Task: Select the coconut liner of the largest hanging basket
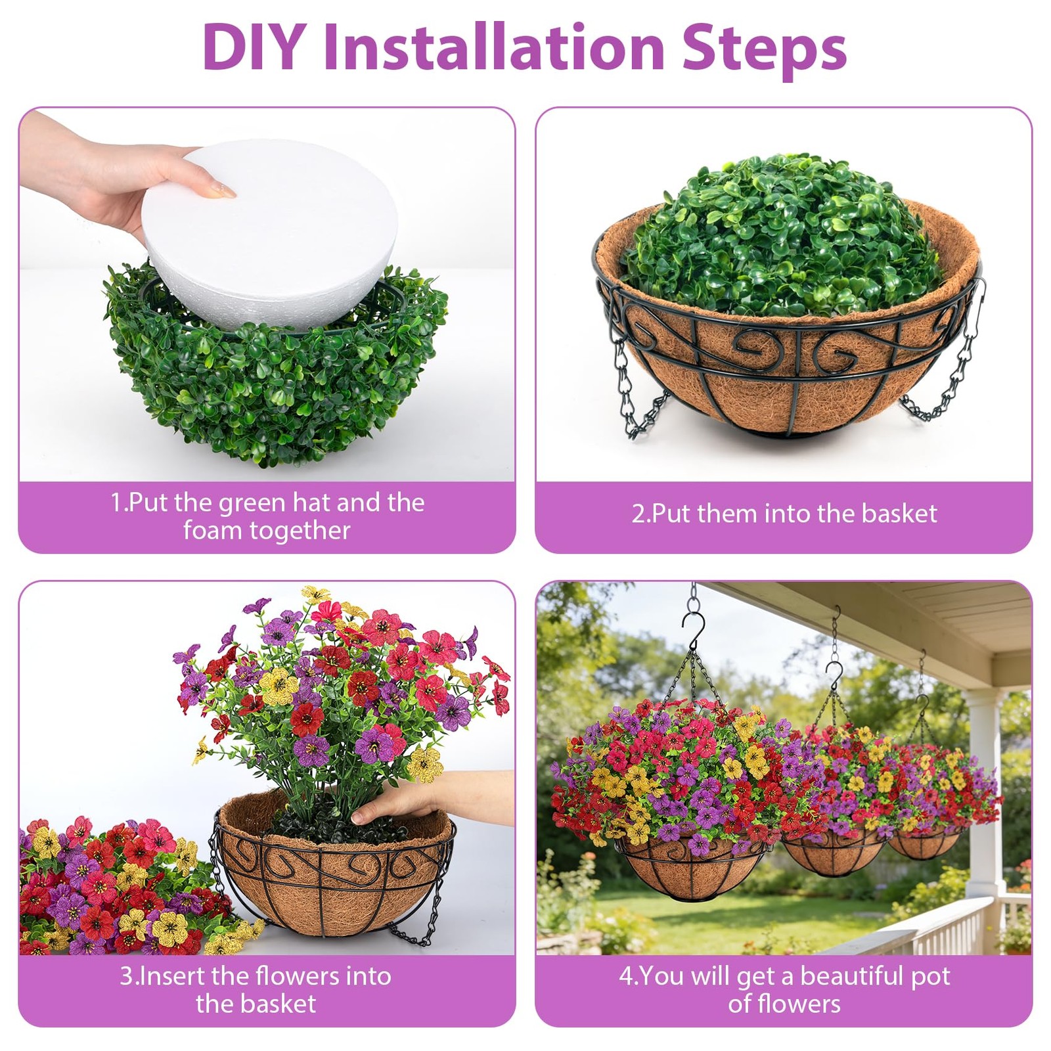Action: point(690,867)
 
